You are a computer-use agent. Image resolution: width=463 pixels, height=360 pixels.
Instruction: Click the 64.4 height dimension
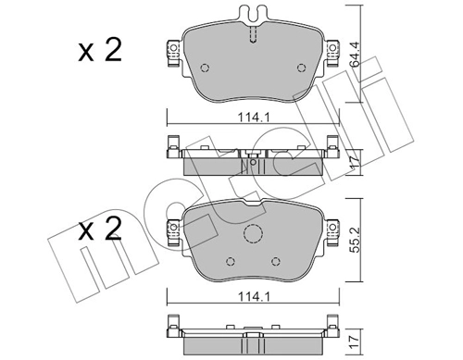pyautogui.click(x=356, y=55)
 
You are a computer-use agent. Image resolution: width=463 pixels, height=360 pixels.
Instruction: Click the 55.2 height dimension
pyautogui.click(x=356, y=240)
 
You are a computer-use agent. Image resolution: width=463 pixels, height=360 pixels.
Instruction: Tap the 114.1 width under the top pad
pyautogui.click(x=254, y=118)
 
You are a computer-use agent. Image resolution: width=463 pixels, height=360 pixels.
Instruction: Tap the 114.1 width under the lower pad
pyautogui.click(x=254, y=297)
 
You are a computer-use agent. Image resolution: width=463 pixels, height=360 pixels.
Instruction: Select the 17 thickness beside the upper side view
pyautogui.click(x=356, y=162)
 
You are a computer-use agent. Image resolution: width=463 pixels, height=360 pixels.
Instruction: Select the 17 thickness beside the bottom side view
pyautogui.click(x=356, y=342)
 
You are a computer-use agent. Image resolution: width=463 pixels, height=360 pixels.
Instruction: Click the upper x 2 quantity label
pyautogui.click(x=100, y=50)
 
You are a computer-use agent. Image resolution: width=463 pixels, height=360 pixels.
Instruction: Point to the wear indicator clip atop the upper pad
pyautogui.click(x=253, y=14)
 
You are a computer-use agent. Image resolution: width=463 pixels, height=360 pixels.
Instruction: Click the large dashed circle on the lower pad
pyautogui.click(x=253, y=233)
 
